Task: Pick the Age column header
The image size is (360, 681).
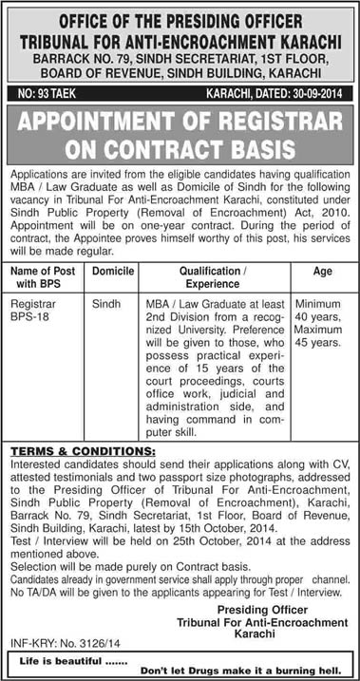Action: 321,271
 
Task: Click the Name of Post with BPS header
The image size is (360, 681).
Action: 45,277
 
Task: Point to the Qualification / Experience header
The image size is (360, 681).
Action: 218,277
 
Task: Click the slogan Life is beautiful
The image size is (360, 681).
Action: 66,655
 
